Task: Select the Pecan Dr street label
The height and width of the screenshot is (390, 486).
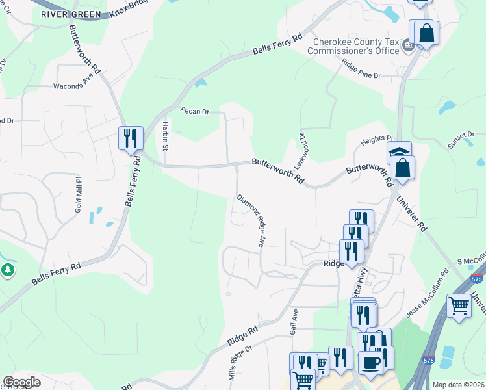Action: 195,112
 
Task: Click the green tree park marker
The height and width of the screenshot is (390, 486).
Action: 8,270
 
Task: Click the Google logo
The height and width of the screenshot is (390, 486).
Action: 21,382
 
